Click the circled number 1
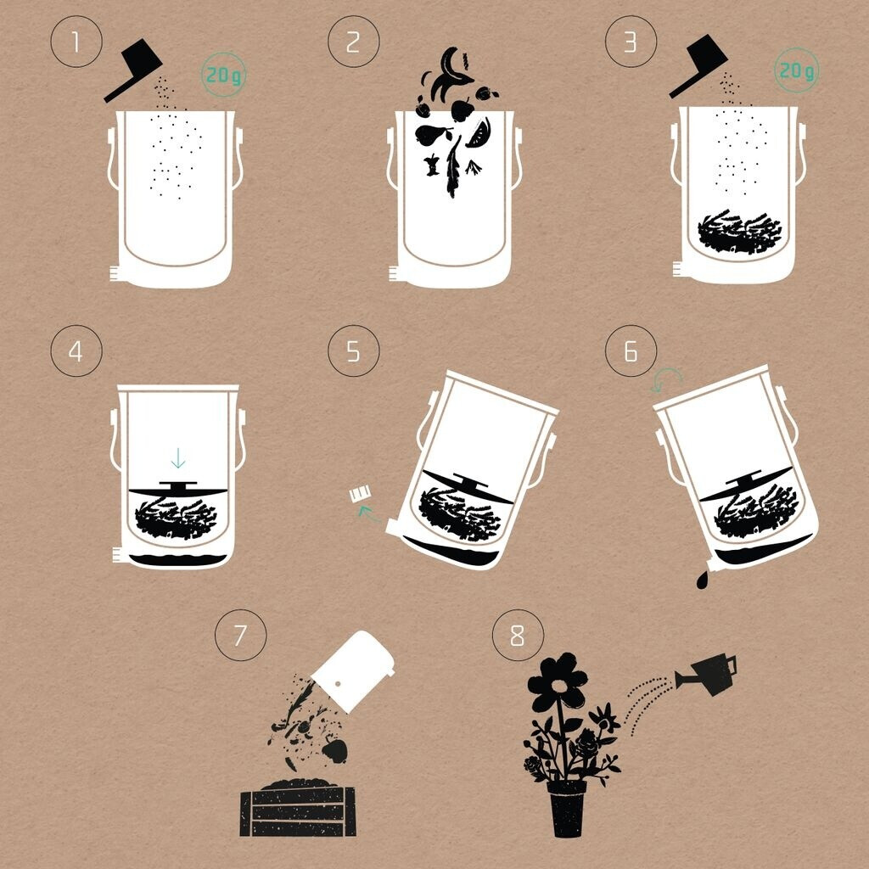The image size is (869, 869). click(x=76, y=42)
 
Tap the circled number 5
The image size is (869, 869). click(x=354, y=350)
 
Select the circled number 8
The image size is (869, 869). click(x=518, y=635)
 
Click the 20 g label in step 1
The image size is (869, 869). click(x=223, y=75)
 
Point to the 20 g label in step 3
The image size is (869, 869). click(x=796, y=70)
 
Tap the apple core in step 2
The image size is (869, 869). click(x=432, y=165)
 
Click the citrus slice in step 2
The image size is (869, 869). click(x=479, y=133)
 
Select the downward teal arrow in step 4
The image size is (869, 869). click(x=177, y=457)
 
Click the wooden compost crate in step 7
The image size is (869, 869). click(x=298, y=810)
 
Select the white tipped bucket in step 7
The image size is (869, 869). click(x=353, y=670)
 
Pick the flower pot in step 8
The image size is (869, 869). click(x=566, y=808)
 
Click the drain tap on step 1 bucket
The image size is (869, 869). click(x=115, y=273)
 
